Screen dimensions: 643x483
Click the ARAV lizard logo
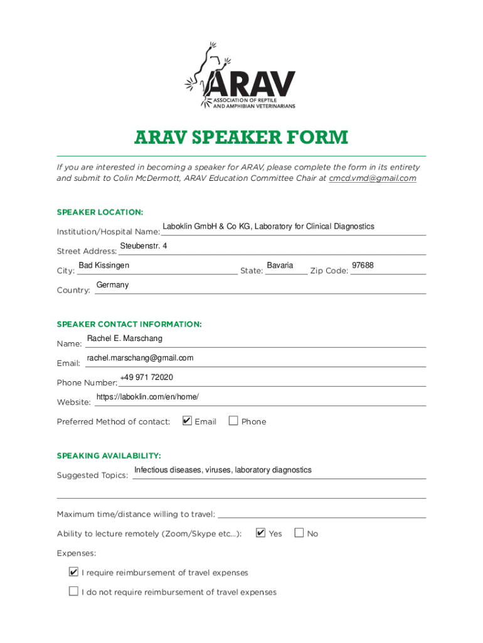tap(241, 76)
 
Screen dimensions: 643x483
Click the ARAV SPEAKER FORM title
tap(241, 137)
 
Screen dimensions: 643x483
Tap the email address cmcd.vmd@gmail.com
tap(373, 178)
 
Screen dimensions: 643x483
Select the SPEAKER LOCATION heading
tap(100, 212)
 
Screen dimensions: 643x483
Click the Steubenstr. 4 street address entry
tap(144, 246)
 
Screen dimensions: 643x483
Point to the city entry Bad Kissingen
tap(104, 266)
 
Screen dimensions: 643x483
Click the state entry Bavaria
tap(280, 266)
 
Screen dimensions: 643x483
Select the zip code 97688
tap(363, 266)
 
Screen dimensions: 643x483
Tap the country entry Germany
tap(112, 285)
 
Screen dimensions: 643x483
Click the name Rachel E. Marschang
tap(124, 338)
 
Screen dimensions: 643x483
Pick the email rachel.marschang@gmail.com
tap(140, 358)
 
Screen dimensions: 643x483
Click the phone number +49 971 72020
tap(146, 377)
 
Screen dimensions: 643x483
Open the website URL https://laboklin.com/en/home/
tap(147, 397)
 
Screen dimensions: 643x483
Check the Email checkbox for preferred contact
tap(187, 421)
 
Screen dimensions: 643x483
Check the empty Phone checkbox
tap(233, 421)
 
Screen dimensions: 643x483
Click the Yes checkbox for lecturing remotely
tap(261, 533)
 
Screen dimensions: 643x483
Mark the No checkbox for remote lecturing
tap(299, 533)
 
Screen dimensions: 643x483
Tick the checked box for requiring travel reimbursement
tap(74, 572)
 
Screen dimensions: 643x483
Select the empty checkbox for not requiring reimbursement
tap(74, 592)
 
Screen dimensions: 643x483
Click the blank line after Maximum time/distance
tap(321, 514)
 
